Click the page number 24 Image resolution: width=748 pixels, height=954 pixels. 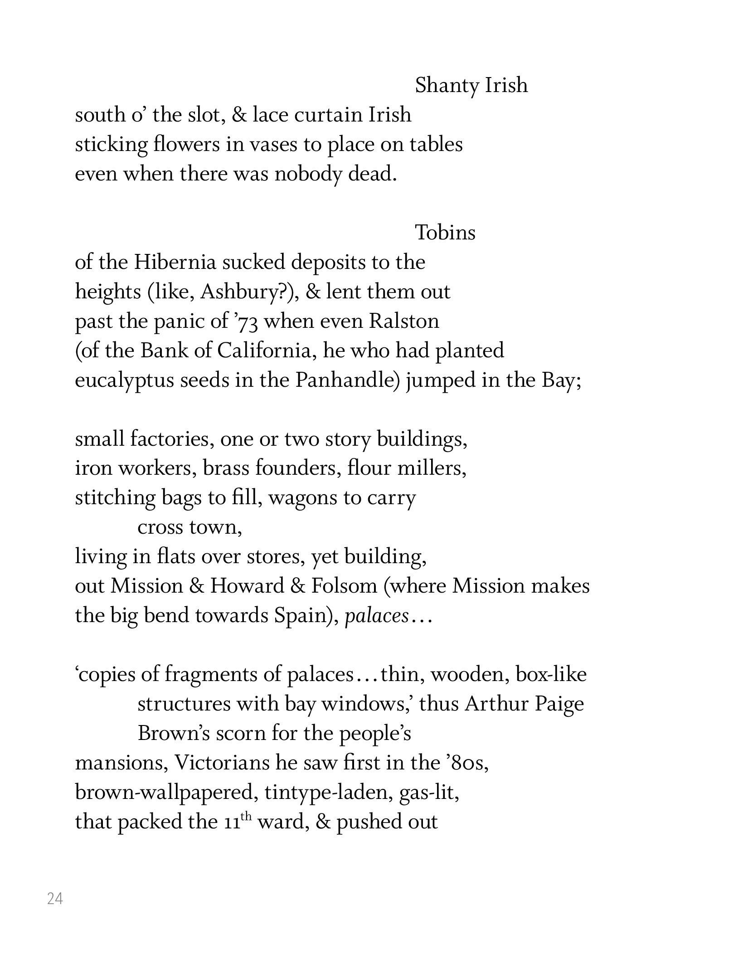(55, 898)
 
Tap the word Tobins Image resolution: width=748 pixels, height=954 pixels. (445, 233)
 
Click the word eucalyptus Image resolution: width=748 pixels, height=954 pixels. (124, 381)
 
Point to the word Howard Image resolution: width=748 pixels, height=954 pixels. (247, 586)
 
